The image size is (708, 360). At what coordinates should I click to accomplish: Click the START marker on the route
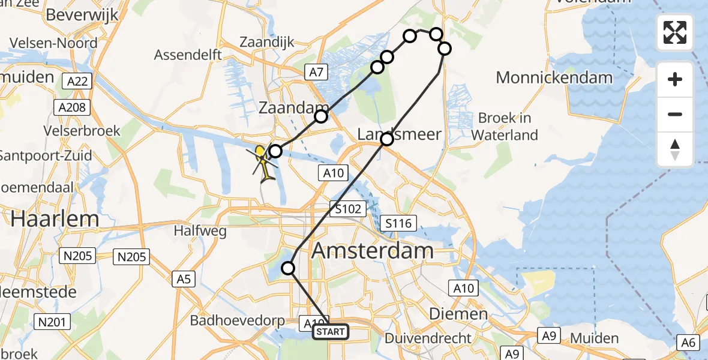(330, 332)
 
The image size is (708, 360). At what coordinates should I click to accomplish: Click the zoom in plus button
(675, 79)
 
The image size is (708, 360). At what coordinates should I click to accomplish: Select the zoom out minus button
(675, 114)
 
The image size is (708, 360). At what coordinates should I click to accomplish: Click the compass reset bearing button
(675, 149)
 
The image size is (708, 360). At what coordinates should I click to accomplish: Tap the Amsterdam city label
(372, 250)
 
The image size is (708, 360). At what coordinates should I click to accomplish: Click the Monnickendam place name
(554, 77)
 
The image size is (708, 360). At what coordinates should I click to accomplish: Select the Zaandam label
(286, 108)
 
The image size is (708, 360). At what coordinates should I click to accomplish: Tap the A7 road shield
(316, 73)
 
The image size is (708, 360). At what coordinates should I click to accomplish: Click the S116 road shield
(398, 224)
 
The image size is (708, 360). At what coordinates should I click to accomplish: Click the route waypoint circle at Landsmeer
(387, 139)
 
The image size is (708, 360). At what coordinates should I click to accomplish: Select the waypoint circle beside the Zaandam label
(322, 116)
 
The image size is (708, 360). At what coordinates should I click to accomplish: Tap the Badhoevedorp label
(238, 320)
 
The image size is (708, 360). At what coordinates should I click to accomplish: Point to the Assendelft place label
(188, 55)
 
